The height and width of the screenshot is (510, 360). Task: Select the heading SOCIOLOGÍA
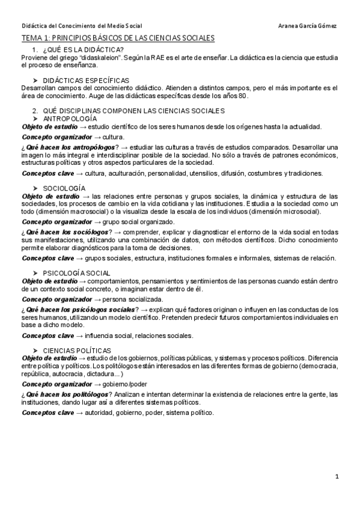tap(64, 188)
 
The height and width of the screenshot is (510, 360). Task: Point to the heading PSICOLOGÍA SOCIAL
tap(76, 273)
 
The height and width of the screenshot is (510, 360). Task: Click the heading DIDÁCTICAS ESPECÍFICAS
tap(85, 80)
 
